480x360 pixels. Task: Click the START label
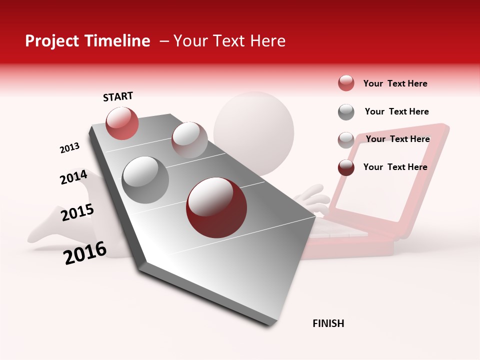tap(118, 96)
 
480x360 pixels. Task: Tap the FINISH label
tap(328, 323)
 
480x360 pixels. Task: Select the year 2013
tap(69, 148)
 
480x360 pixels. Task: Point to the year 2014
tap(73, 177)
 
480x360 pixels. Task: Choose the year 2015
tap(77, 212)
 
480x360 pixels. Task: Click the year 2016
tap(85, 252)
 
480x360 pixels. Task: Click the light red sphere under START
tap(122, 123)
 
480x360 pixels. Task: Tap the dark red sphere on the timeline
tap(216, 207)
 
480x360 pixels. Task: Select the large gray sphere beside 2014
tap(145, 179)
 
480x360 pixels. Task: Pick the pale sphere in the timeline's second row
tap(189, 139)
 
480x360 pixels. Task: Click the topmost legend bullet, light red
tap(346, 83)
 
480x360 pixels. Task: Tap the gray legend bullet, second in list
tap(346, 112)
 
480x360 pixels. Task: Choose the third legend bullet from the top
tap(346, 140)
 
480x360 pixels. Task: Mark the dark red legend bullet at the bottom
tap(346, 167)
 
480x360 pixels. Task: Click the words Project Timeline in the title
tap(87, 41)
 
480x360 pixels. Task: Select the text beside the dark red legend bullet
tap(395, 167)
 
